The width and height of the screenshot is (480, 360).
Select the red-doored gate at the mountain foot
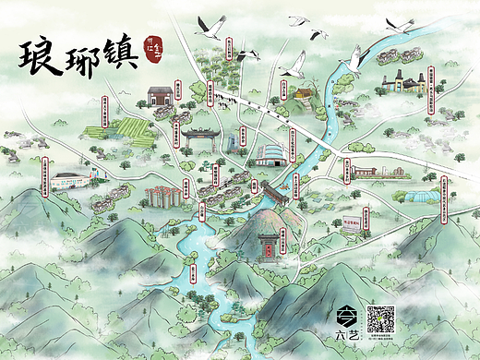click(268, 244)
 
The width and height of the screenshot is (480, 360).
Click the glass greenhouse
click(413, 199)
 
